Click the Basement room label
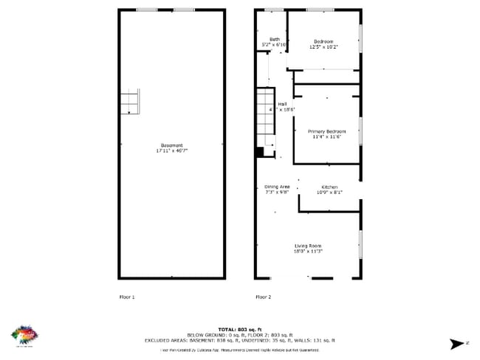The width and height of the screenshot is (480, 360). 172,145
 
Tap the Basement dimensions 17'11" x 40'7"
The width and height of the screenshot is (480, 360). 172,150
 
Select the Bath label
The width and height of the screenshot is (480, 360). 274,39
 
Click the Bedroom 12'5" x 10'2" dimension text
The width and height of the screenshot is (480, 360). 323,46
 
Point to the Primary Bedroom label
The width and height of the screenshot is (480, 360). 326,131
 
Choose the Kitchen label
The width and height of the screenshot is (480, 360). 329,187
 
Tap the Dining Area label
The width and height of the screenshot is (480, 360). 277,187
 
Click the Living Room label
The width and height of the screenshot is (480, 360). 308,246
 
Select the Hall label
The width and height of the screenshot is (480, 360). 281,104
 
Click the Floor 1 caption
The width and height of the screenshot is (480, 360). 127,297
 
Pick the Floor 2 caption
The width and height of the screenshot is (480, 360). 263,297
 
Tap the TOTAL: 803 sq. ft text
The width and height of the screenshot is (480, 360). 241,328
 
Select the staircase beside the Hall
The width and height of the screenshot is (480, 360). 265,118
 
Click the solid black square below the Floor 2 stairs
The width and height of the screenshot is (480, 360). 259,153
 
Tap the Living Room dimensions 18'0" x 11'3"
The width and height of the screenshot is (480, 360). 308,252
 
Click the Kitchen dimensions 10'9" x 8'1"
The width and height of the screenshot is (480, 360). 329,193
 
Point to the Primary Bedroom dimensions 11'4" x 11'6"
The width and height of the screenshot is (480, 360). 326,136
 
